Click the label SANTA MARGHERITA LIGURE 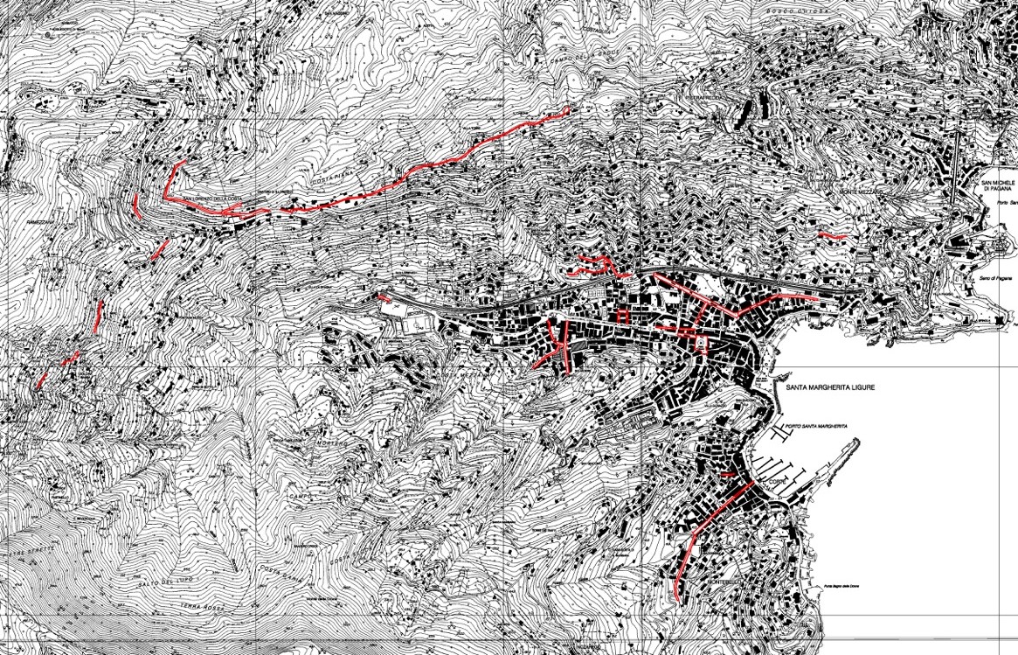coord(829,387)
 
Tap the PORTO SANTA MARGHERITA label coord(816,426)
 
